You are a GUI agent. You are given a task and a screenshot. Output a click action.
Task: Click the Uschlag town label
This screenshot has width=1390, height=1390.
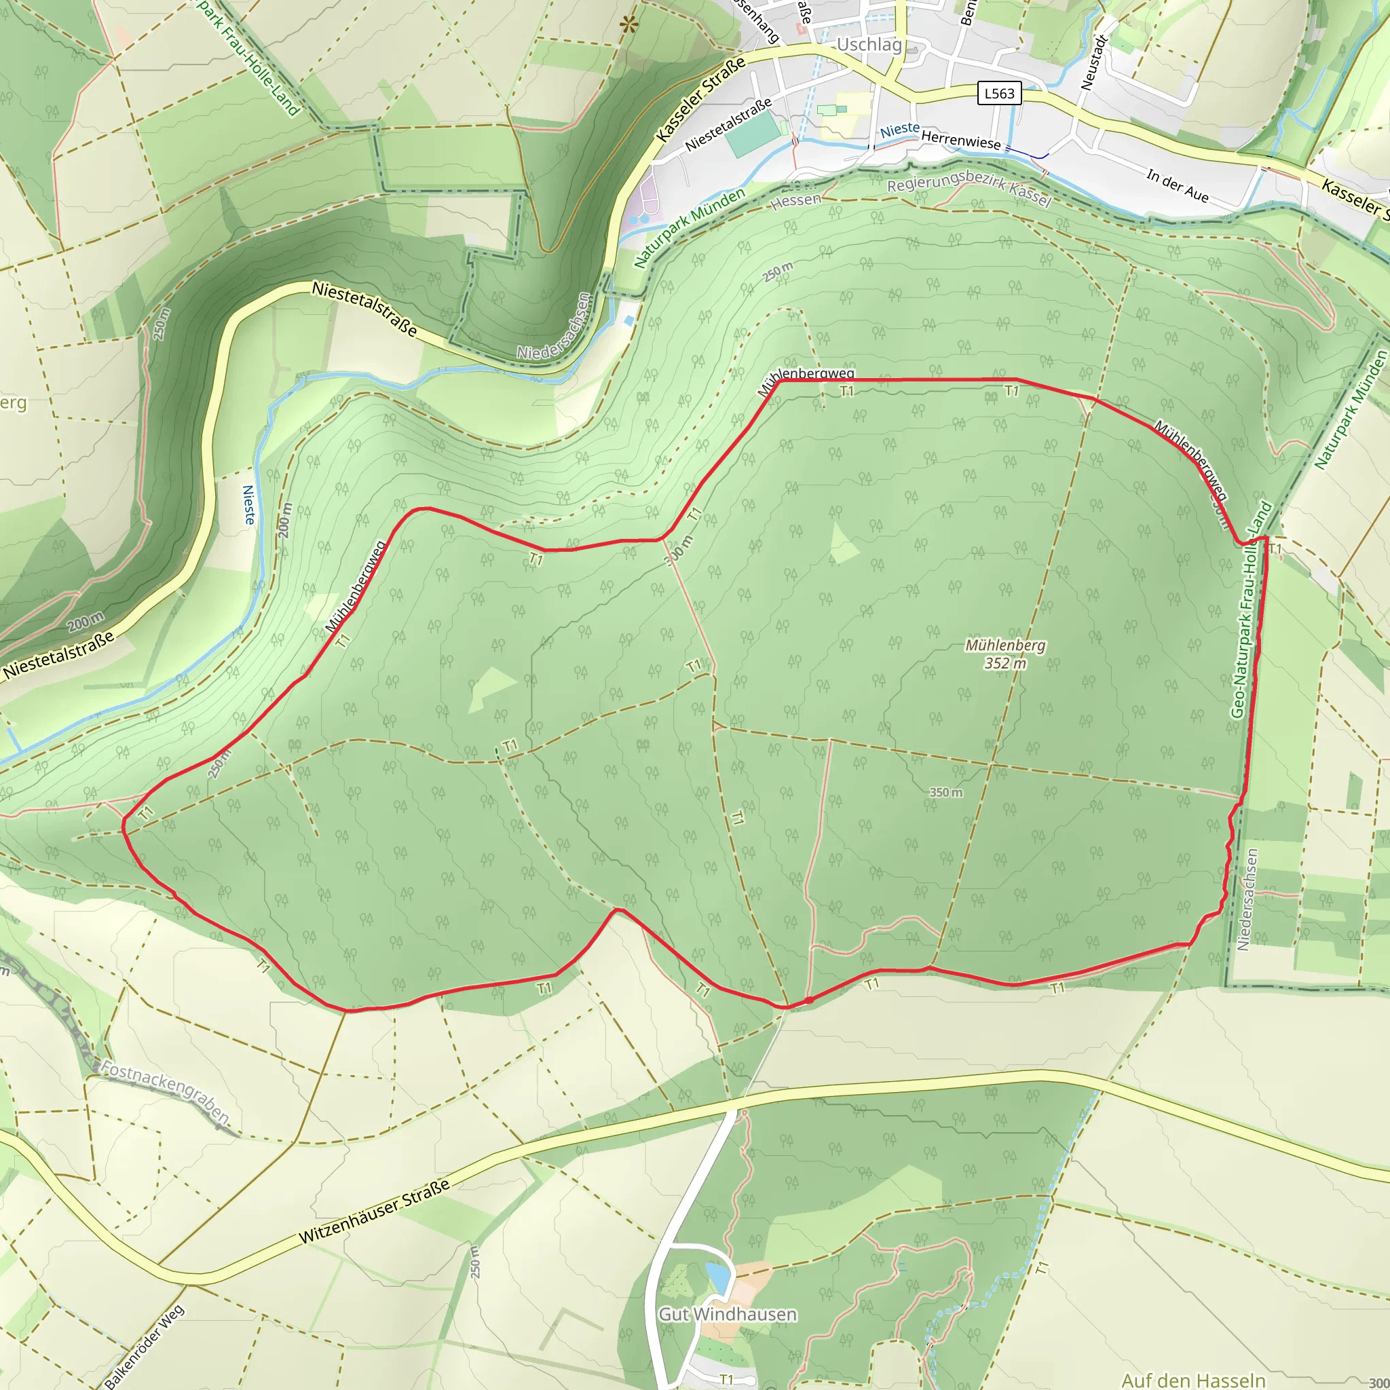(x=869, y=45)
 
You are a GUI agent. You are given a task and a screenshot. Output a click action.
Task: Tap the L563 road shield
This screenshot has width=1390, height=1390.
(x=999, y=94)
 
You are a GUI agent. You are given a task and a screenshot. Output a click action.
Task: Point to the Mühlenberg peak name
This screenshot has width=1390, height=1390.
(x=1005, y=645)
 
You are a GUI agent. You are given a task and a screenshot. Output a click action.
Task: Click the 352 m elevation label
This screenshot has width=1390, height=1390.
(x=1005, y=663)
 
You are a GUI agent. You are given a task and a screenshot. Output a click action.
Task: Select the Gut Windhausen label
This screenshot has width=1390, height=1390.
(x=728, y=1315)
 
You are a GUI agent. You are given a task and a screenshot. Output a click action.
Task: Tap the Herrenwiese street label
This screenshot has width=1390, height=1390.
(x=960, y=140)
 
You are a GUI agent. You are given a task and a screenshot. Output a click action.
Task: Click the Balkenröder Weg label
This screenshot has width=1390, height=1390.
(x=144, y=1346)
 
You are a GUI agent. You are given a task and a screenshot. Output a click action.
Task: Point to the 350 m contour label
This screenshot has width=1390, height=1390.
(x=945, y=792)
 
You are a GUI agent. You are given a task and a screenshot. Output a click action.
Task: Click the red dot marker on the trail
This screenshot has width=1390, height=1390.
(x=808, y=1000)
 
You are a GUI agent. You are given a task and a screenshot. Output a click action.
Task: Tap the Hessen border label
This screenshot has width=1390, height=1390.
(x=795, y=201)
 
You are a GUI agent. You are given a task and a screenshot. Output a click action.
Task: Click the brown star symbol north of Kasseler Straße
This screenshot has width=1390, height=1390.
(x=628, y=25)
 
